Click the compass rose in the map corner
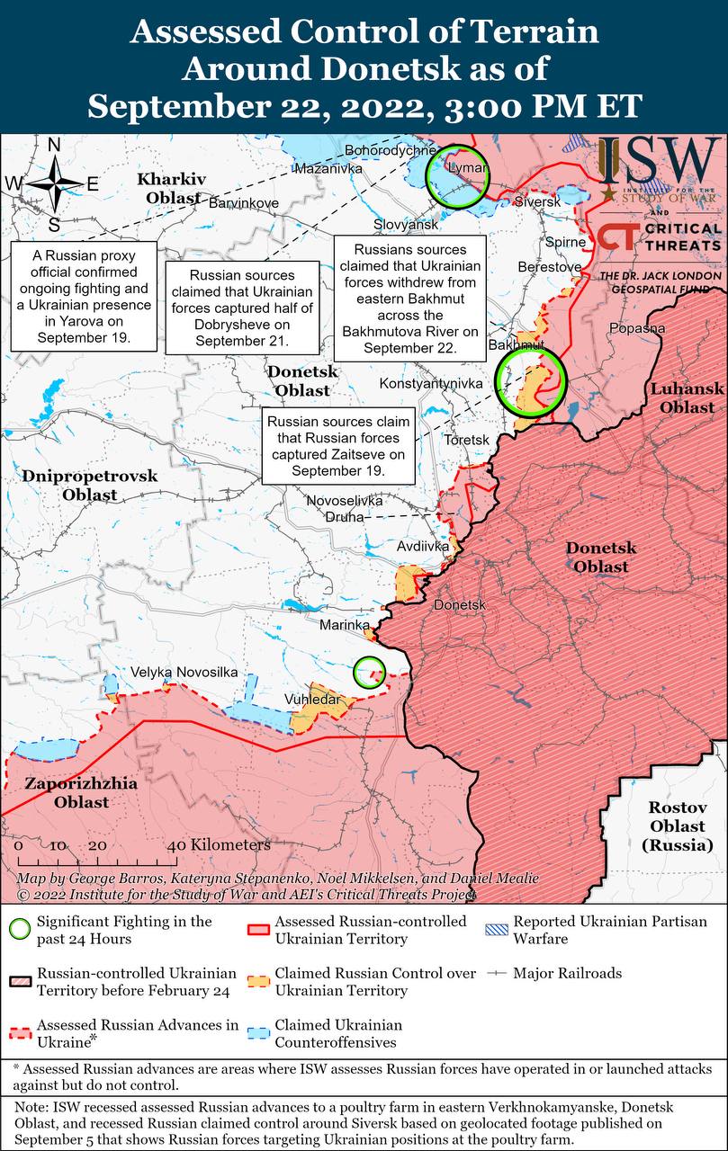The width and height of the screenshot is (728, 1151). (54, 183)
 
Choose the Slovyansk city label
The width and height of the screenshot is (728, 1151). (406, 224)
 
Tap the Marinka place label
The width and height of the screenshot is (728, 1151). (346, 624)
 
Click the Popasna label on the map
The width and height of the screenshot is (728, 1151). (637, 328)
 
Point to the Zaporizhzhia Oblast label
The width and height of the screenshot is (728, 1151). (81, 792)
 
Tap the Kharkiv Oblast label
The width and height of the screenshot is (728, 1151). (171, 188)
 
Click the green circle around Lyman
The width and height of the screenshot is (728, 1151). (457, 174)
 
